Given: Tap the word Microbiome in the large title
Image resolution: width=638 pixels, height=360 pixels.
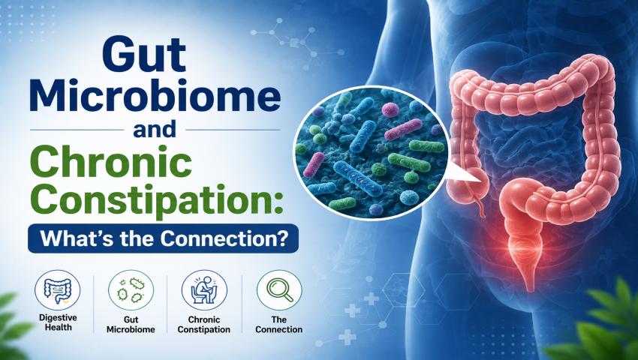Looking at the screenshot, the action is (155, 99).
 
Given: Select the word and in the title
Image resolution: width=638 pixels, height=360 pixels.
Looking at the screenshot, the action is (155, 130).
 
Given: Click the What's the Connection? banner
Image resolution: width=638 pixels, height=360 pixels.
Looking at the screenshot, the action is (163, 238).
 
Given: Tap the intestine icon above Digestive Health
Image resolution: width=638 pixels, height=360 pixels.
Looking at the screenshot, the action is (57, 291).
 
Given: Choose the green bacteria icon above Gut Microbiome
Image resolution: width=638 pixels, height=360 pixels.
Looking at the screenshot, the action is (131, 291).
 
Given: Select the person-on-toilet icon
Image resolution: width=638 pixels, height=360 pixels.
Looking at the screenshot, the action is (204, 291).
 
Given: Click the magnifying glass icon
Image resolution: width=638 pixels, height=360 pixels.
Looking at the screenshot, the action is (279, 291).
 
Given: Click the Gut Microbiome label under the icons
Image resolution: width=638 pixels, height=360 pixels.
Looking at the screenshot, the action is (131, 325).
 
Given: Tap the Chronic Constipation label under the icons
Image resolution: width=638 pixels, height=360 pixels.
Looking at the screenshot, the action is (204, 325).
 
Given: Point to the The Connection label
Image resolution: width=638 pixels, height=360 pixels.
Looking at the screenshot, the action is (279, 325).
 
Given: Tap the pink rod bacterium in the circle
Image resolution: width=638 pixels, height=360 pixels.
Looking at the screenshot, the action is (403, 130).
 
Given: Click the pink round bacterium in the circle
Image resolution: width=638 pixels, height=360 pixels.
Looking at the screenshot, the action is (390, 109).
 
